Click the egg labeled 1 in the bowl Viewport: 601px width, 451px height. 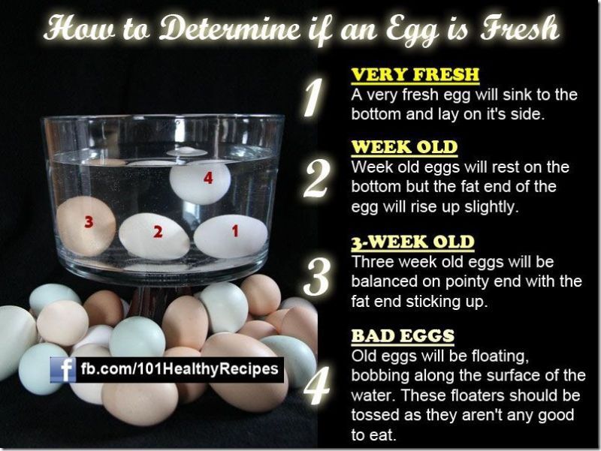[231, 236]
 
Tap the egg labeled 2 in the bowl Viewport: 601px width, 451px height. [154, 236]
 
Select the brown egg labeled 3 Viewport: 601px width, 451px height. [86, 226]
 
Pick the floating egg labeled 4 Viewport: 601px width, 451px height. [201, 182]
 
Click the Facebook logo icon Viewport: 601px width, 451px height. [63, 370]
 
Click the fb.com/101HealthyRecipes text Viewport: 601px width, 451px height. [180, 369]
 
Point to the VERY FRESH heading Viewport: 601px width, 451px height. [415, 74]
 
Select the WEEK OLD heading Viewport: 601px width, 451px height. [404, 147]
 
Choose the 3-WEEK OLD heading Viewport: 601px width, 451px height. [412, 242]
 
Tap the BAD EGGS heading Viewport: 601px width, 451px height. [403, 336]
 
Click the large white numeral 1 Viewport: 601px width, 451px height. [314, 97]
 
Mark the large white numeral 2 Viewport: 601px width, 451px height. [316, 179]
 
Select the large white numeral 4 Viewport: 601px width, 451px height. [316, 385]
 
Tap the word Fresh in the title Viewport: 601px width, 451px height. [519, 28]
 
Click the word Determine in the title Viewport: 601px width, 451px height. [230, 29]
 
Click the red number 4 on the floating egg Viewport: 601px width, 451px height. [208, 178]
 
